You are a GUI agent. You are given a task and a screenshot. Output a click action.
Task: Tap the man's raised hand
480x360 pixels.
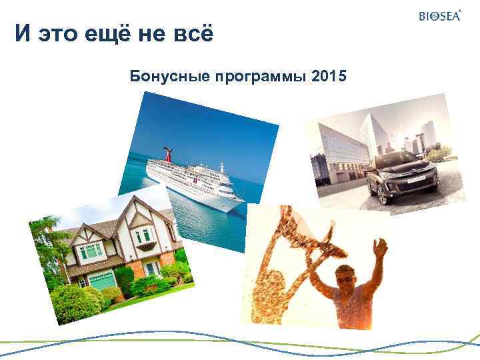(379, 249)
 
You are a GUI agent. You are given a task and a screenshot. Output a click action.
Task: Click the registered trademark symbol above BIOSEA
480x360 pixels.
(461, 10)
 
